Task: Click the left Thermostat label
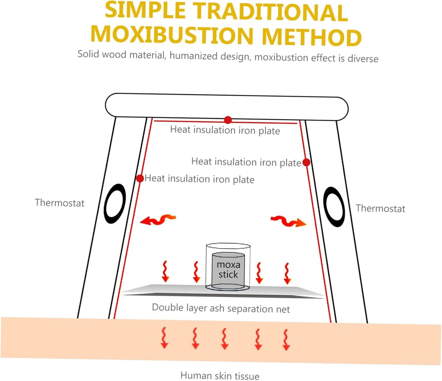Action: tap(60, 203)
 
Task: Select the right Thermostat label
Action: tap(380, 208)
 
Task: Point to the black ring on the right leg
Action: tap(334, 207)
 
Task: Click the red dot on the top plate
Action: tap(228, 120)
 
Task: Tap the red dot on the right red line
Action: tap(306, 162)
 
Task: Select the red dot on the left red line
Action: tap(140, 178)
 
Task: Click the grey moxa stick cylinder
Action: tap(228, 270)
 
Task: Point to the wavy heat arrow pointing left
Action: tap(158, 220)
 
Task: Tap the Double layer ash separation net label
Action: tap(221, 308)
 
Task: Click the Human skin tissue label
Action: tap(220, 376)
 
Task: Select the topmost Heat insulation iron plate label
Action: tap(225, 130)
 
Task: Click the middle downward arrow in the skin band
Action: tap(225, 339)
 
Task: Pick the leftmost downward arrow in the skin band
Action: tap(164, 338)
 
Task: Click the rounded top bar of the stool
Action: tap(227, 107)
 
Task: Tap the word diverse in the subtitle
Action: tap(363, 58)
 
